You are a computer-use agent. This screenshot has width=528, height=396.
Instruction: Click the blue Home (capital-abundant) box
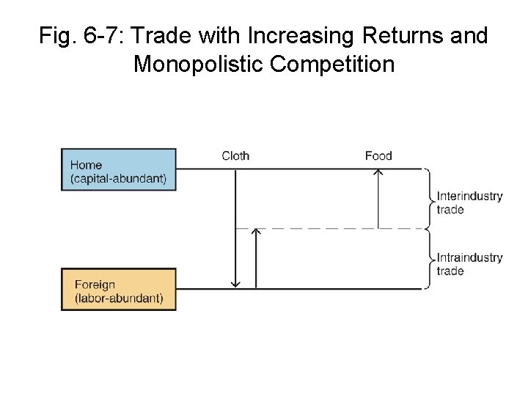[x=118, y=169]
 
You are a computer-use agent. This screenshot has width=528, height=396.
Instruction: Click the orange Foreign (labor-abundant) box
[x=118, y=290]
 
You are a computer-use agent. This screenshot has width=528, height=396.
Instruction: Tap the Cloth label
[x=235, y=155]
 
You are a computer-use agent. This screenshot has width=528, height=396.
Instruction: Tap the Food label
[x=378, y=155]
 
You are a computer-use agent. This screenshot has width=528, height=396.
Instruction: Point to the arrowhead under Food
[x=378, y=172]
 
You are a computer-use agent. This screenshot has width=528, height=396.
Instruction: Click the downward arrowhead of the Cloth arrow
[x=235, y=284]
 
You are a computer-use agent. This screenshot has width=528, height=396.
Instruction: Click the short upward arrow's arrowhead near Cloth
[x=256, y=232]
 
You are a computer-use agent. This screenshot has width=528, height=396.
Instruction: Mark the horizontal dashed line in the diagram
[x=330, y=229]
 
